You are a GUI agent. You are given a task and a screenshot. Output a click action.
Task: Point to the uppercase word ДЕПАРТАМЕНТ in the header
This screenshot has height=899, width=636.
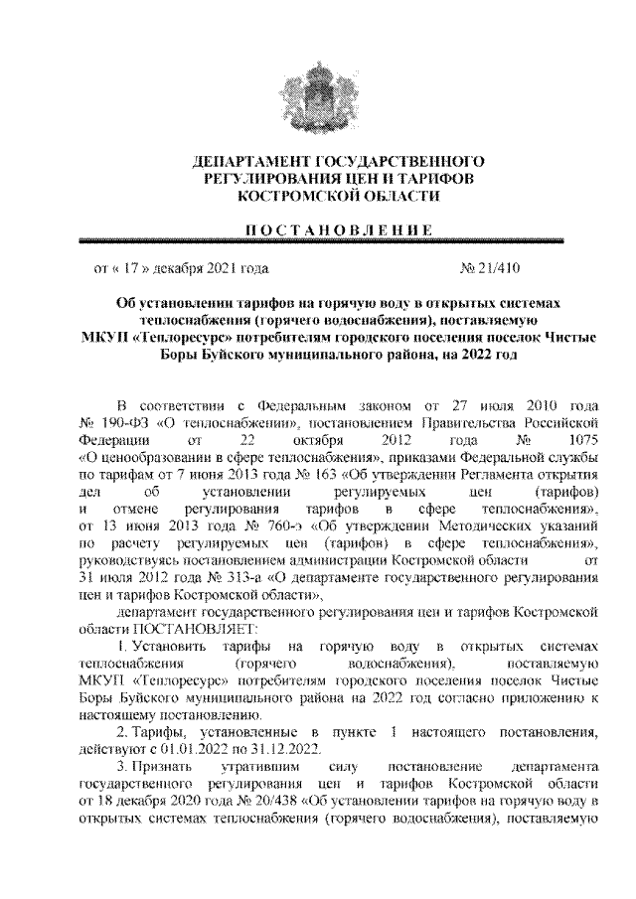[x=250, y=161]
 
